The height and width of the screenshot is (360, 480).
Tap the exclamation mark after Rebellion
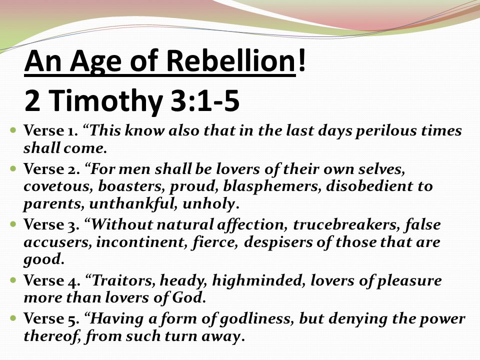[302, 60]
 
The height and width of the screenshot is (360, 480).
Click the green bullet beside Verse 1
[13, 130]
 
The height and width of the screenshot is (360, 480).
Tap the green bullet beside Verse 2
[13, 168]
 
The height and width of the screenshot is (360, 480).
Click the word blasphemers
[272, 186]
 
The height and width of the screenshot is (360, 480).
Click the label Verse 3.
[51, 224]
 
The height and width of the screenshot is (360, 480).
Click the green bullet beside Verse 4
[13, 280]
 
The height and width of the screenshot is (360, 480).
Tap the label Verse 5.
[51, 318]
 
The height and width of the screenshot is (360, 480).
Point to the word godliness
[255, 319]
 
